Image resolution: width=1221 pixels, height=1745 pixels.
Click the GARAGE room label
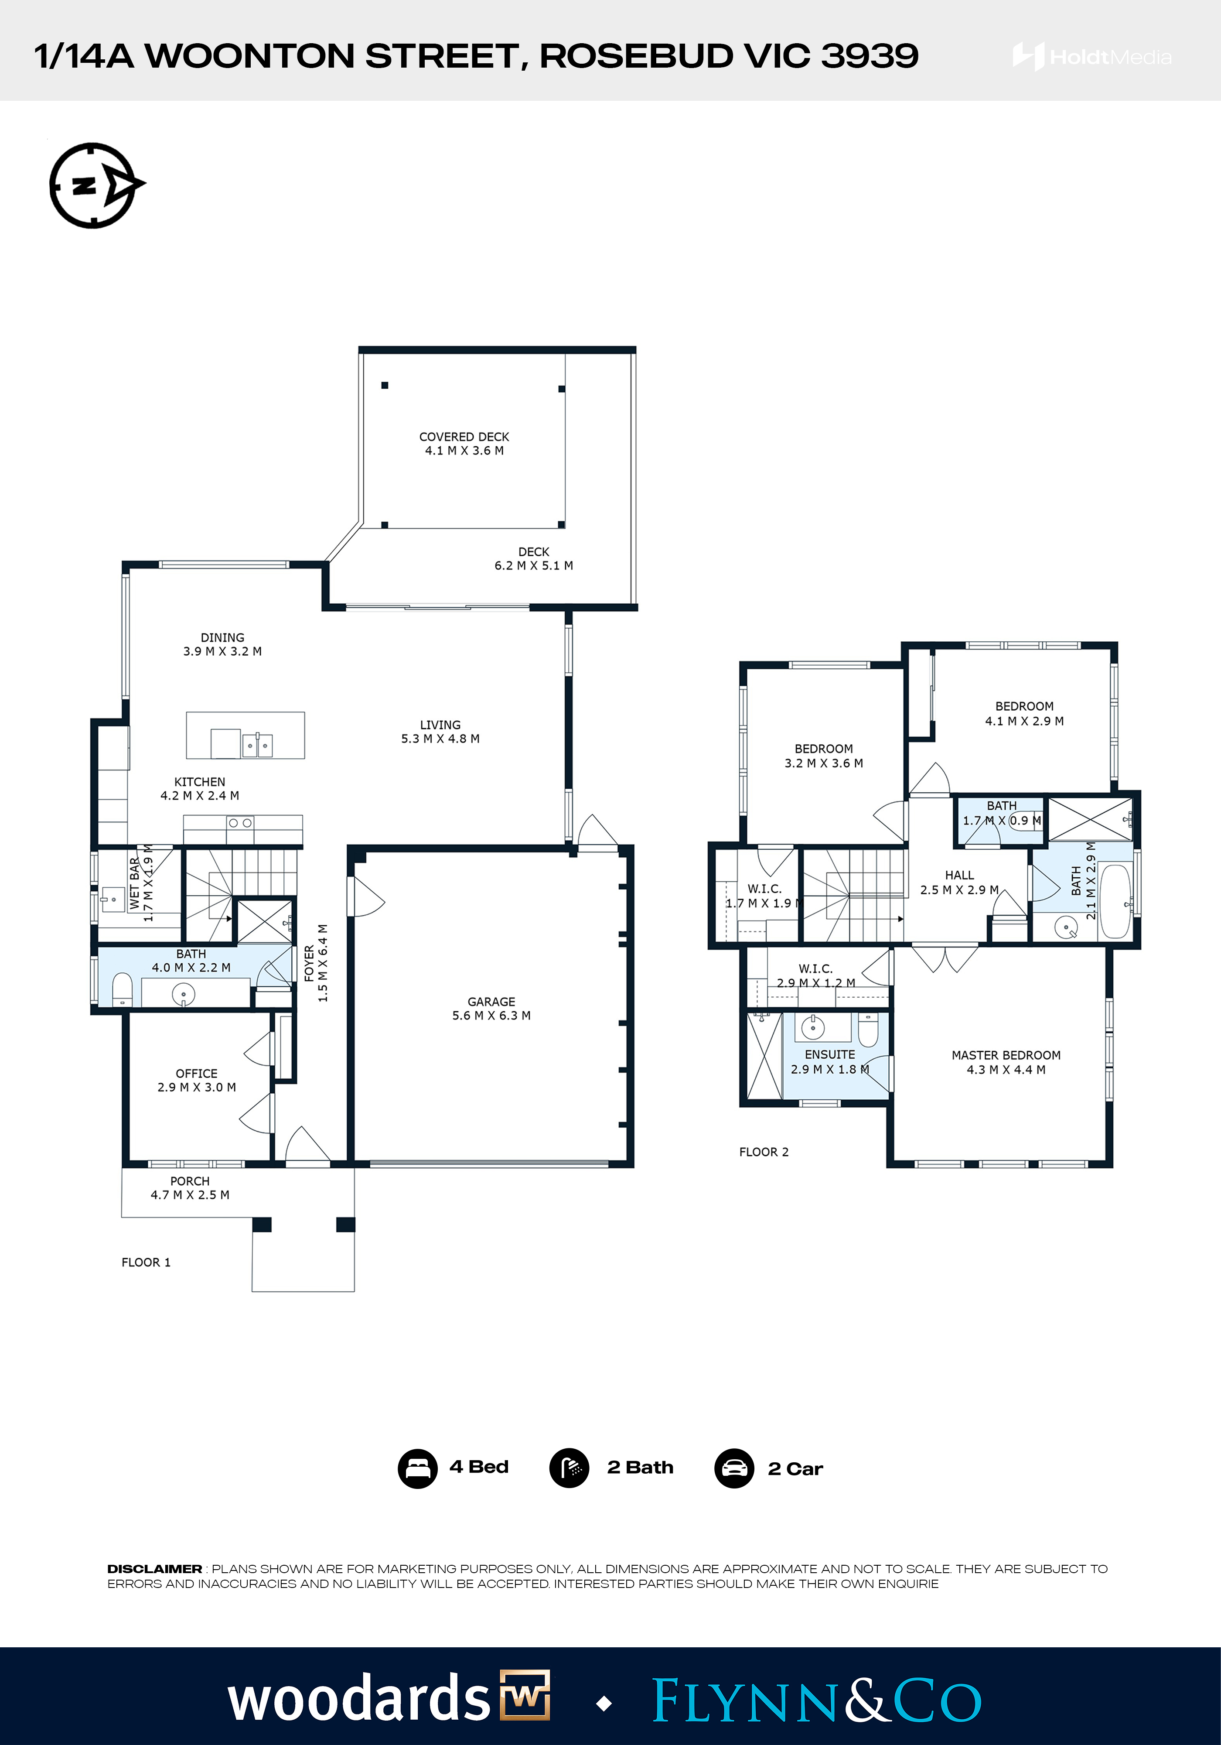(x=491, y=1002)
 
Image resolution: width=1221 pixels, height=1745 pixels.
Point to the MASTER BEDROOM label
(x=1006, y=1055)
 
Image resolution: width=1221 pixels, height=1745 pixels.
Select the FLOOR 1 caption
(x=146, y=1263)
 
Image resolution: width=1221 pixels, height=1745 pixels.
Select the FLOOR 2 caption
(x=764, y=1152)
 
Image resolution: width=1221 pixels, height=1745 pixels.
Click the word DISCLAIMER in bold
(x=154, y=1569)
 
